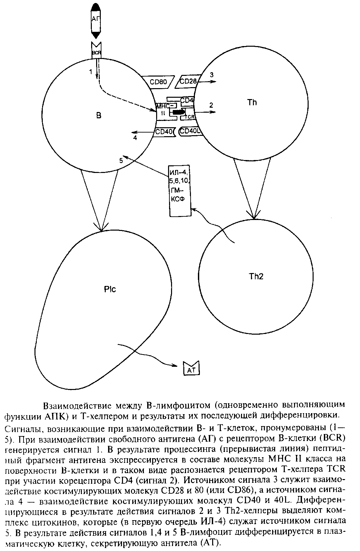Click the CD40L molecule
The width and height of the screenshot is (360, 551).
(190, 132)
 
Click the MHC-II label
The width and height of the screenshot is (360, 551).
(163, 109)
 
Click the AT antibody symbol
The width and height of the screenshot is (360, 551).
(192, 370)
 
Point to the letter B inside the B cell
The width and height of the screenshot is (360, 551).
(99, 116)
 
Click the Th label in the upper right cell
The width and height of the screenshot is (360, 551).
(252, 102)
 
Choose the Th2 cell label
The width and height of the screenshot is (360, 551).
(256, 276)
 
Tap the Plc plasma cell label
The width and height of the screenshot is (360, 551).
(110, 289)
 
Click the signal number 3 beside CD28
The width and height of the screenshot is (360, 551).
(211, 75)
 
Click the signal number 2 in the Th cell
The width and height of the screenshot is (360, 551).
(211, 105)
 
